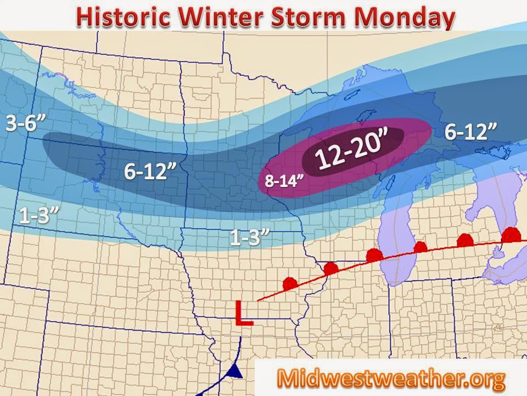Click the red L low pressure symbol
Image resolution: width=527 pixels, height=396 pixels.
point(243,313)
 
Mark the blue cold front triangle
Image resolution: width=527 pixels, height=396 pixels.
point(235,373)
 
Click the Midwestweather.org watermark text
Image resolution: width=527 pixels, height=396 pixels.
point(390,378)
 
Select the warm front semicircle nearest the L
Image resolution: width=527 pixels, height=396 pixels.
point(289,284)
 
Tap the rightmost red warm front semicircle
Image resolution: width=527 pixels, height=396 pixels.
point(512,235)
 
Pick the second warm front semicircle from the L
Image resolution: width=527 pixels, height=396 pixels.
point(331,268)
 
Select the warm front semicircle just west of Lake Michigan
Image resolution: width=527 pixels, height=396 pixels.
point(374,255)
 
